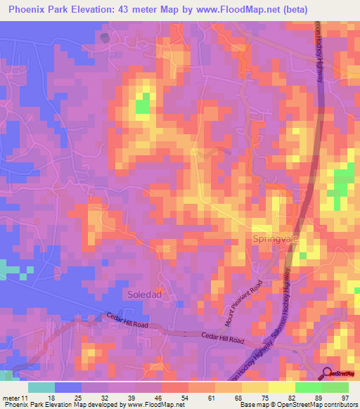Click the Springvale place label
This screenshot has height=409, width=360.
[x=275, y=239]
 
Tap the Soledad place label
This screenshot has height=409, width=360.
[x=145, y=294]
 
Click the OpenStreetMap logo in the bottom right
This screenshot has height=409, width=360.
[x=340, y=373]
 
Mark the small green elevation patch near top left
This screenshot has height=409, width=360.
[x=143, y=104]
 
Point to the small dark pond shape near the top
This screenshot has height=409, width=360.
[x=105, y=37]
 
